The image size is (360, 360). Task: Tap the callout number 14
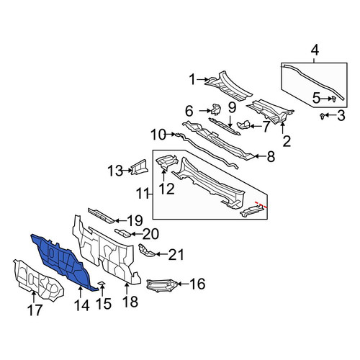82,305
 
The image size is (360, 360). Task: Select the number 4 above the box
315,50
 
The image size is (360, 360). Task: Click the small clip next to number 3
323,116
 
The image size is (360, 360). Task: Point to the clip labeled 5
333,99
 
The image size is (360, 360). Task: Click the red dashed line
261,204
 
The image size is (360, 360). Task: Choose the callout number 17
35,310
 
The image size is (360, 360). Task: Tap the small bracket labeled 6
216,109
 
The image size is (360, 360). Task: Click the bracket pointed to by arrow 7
243,125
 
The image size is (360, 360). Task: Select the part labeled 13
140,167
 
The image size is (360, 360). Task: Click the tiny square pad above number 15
102,283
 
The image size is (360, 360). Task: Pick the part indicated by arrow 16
162,285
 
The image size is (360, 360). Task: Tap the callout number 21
176,255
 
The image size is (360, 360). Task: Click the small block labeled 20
123,233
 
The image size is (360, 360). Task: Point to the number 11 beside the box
143,194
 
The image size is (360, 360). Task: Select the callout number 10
158,135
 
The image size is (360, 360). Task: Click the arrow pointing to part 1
204,79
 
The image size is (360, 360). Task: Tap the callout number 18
130,301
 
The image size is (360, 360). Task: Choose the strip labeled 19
101,215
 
